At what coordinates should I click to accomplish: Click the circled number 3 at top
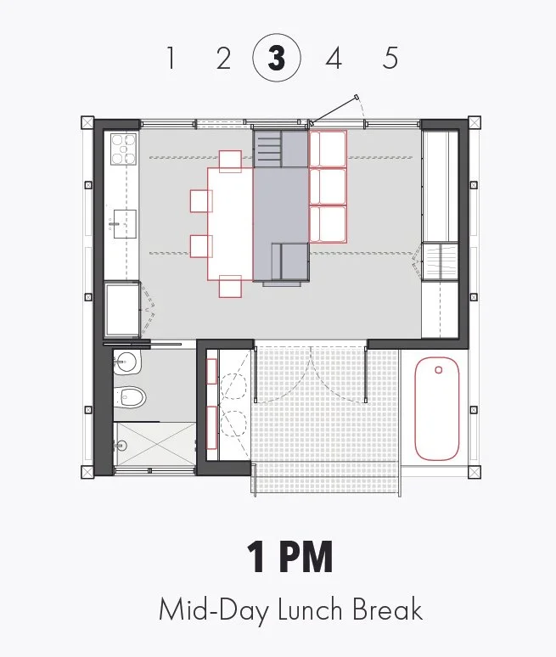[x=276, y=59]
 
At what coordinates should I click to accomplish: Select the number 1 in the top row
[x=171, y=59]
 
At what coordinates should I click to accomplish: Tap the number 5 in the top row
[x=390, y=59]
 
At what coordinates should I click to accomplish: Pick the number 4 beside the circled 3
[x=334, y=59]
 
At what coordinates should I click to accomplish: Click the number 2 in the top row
[x=223, y=59]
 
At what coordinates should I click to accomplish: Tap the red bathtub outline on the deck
[x=437, y=408]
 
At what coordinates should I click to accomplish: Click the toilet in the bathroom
[x=132, y=396]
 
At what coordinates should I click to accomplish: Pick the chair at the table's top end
[x=231, y=160]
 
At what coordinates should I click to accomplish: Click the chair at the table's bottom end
[x=231, y=287]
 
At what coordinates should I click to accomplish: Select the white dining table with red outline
[x=230, y=224]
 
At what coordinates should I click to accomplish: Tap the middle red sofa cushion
[x=328, y=187]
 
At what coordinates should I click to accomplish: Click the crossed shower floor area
[x=154, y=443]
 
